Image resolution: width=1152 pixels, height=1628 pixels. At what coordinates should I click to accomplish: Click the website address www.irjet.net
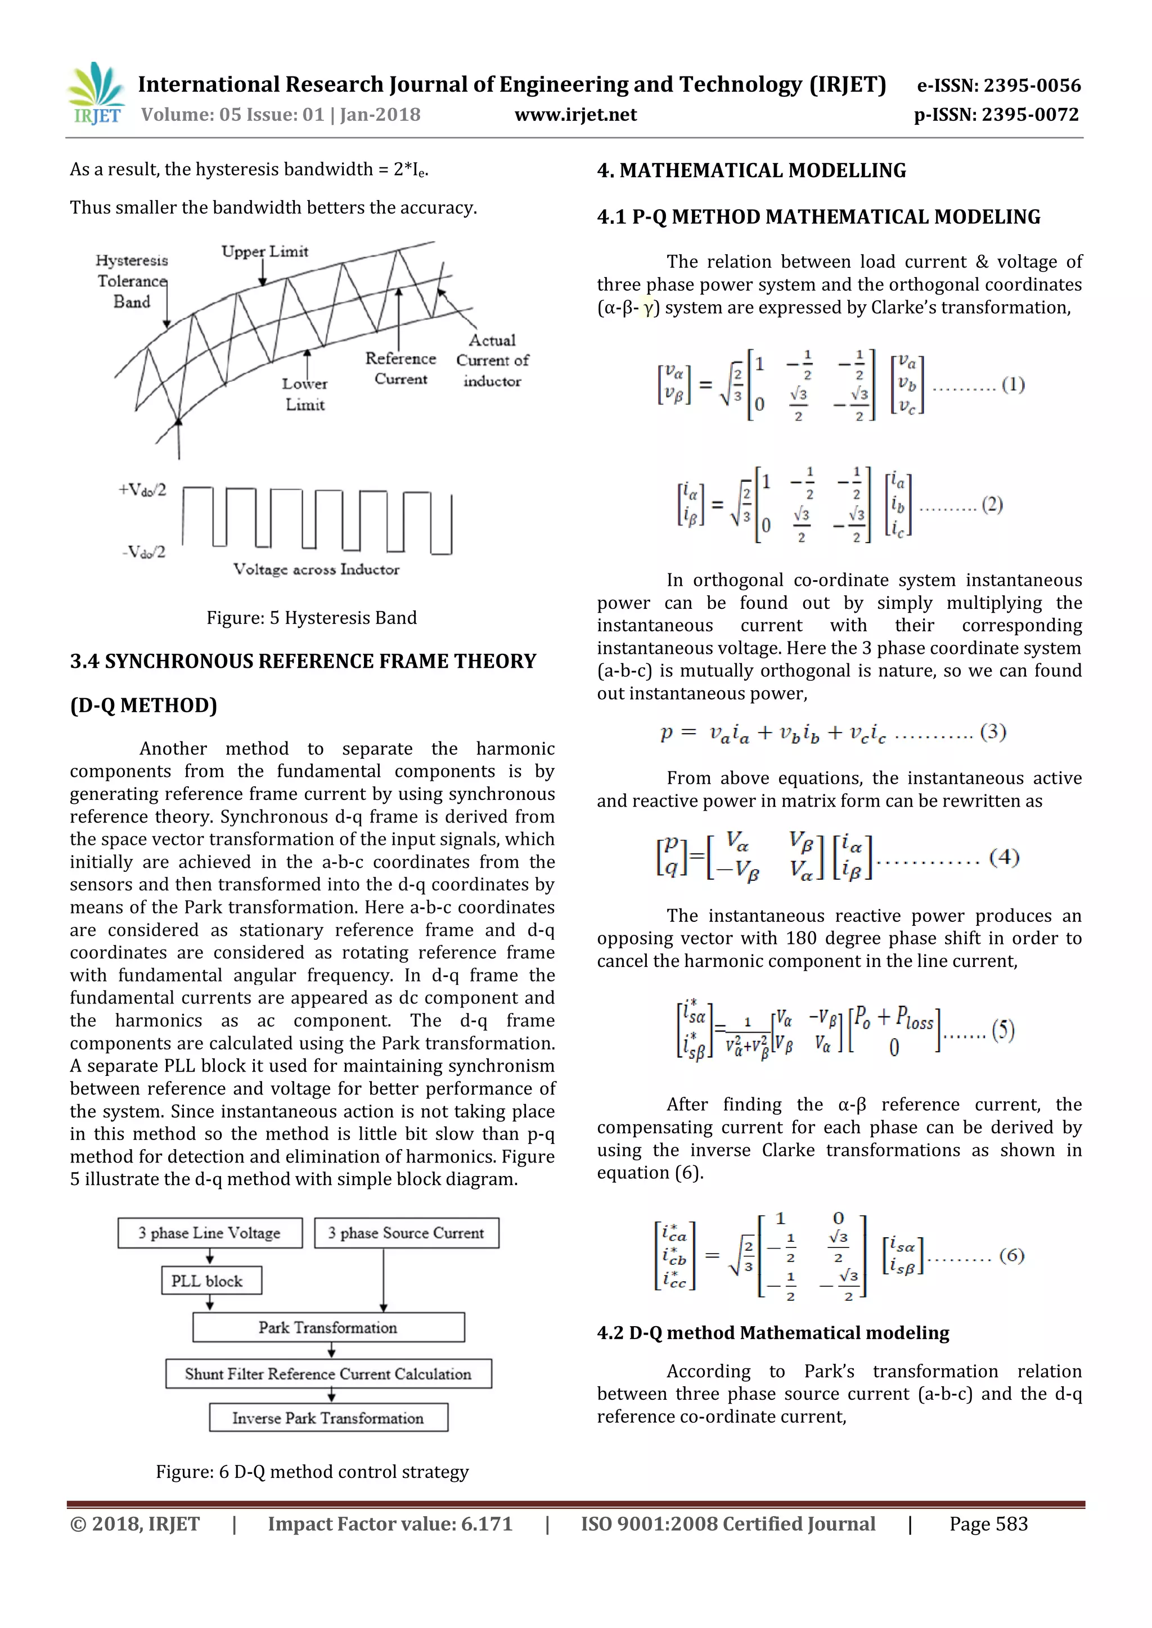tap(575, 115)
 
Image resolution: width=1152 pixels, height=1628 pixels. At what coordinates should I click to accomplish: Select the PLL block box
tap(211, 1281)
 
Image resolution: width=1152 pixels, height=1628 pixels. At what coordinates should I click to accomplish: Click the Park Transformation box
tap(328, 1327)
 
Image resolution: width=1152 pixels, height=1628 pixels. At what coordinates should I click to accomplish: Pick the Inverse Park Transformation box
tap(328, 1418)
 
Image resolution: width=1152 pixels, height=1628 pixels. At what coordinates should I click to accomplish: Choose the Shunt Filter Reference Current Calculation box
tap(328, 1373)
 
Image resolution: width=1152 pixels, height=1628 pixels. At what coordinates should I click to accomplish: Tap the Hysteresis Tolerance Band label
tap(132, 281)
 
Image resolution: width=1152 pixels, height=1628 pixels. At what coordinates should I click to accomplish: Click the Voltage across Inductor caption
tap(316, 569)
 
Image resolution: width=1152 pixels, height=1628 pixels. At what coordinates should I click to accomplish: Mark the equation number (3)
tap(992, 732)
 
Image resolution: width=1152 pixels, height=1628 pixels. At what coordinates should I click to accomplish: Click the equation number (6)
tap(1011, 1256)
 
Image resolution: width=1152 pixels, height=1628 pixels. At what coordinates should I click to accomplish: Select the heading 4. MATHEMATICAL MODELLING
tap(751, 171)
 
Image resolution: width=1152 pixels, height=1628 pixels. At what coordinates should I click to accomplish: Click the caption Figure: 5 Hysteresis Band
tap(312, 618)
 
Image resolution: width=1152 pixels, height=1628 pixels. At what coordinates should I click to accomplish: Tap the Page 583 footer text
tap(988, 1524)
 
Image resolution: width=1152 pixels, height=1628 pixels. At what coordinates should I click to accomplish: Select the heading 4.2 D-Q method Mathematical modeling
tap(772, 1333)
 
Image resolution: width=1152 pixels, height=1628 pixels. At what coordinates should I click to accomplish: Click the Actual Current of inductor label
tap(492, 360)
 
